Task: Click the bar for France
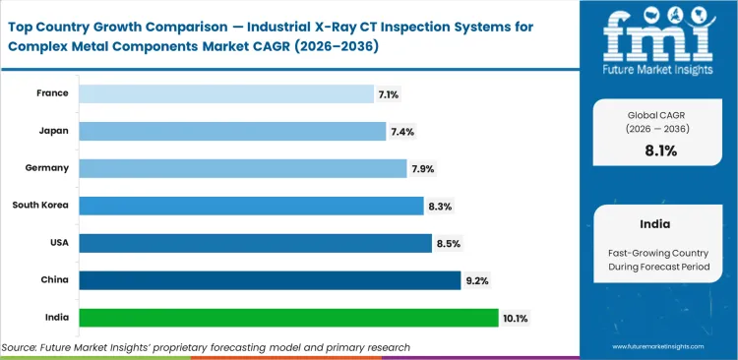(223, 93)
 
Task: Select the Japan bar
(231, 131)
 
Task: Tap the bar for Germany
(242, 168)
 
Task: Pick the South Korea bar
(251, 206)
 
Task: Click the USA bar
(255, 243)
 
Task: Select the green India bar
(288, 318)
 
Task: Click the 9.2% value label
(476, 280)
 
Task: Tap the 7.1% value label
(389, 93)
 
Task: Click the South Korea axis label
(40, 206)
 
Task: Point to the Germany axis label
(47, 168)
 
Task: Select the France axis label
(53, 93)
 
